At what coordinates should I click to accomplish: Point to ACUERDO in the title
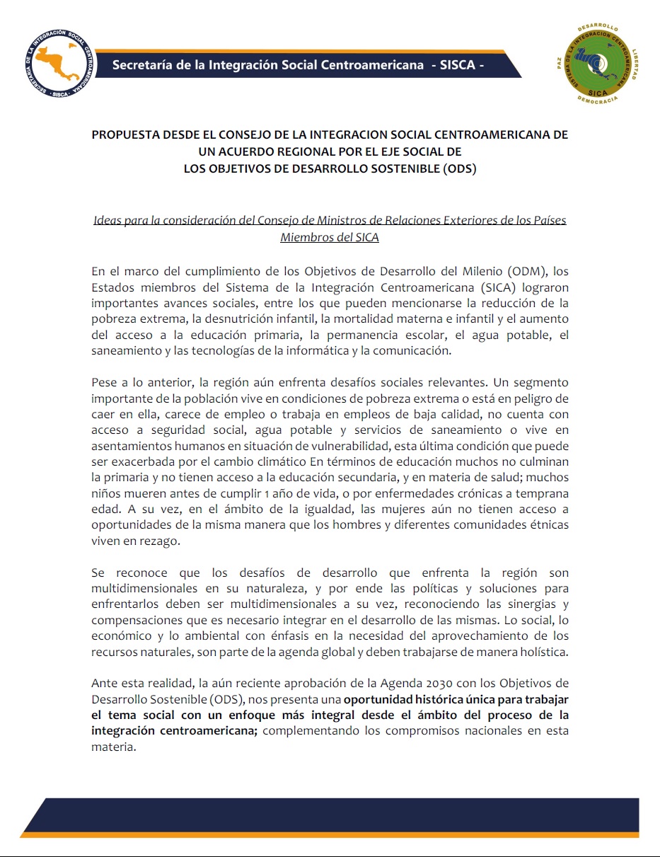pos(248,151)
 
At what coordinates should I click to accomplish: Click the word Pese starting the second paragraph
pos(104,384)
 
